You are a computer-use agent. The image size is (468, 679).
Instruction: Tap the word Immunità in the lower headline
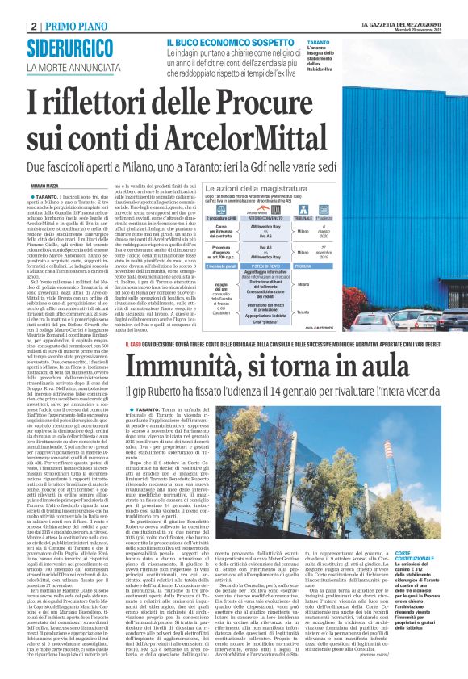point(180,369)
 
